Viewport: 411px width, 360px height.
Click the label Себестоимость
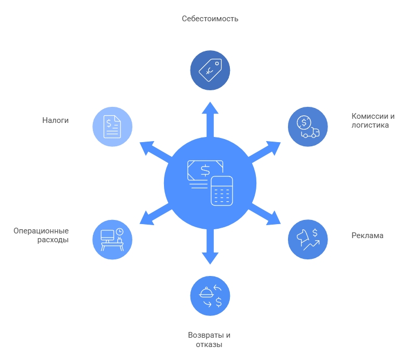tap(210, 19)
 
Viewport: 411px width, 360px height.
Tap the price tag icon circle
tap(210, 70)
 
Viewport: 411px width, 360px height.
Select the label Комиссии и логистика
tap(373, 120)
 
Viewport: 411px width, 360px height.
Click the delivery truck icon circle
tap(308, 127)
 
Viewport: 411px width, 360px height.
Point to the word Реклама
tap(367, 236)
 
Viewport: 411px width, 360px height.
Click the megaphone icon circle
tap(308, 240)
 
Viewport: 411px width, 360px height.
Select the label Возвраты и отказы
tap(209, 340)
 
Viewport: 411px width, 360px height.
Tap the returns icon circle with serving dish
tap(210, 296)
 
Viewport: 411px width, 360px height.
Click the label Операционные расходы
tap(41, 236)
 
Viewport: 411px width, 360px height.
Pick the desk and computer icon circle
tap(112, 240)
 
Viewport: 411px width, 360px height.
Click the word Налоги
tap(56, 120)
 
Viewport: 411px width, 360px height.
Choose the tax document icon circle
tap(112, 127)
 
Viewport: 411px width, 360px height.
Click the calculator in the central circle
tap(222, 191)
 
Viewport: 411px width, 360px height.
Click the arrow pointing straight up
tap(210, 119)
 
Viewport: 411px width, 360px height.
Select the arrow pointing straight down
tap(210, 246)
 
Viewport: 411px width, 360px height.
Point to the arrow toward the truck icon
tap(264, 151)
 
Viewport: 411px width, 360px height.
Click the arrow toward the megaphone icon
tap(264, 214)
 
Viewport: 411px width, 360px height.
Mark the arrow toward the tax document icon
tap(156, 151)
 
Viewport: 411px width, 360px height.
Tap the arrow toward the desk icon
tap(156, 214)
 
